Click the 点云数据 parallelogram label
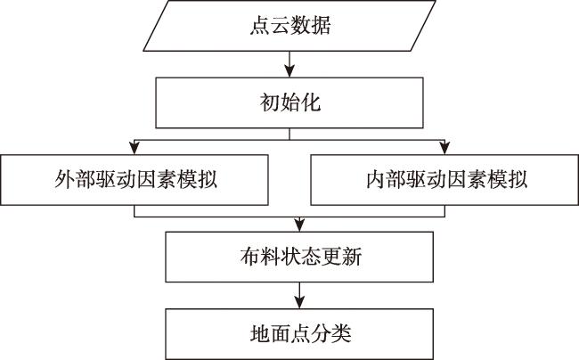coord(290,26)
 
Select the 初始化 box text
coord(290,102)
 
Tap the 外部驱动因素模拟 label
coord(136,180)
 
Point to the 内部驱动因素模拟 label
coord(447,180)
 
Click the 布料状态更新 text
coord(301,257)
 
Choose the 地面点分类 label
coord(300,334)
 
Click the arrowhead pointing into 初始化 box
coord(289,71)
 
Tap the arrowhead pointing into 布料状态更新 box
coord(299,225)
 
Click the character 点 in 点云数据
coord(260,26)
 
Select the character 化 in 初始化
coord(311,102)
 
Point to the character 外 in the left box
coord(65,180)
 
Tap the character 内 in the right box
coord(376,180)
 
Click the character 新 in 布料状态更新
coord(352,257)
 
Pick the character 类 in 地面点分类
coord(341,334)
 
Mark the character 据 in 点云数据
coord(321,26)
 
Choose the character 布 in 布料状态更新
coord(250,257)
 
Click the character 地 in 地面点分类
coord(260,334)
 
